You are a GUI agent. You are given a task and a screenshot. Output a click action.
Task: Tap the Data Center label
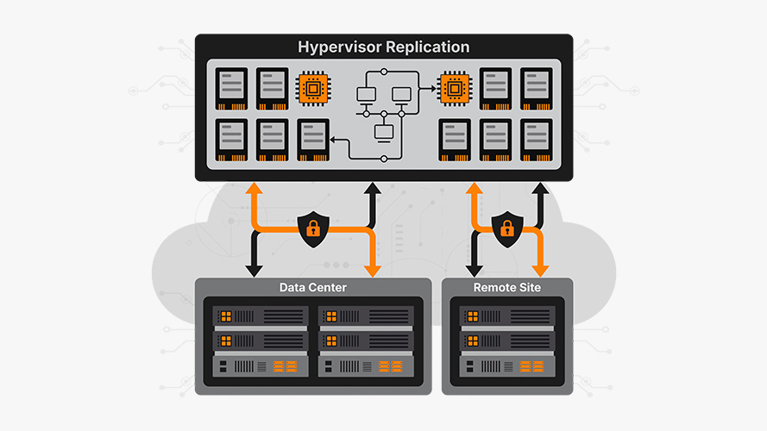pos(312,287)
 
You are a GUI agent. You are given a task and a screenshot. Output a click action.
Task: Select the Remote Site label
pos(507,287)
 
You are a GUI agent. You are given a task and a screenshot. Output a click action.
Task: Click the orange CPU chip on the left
pos(313,89)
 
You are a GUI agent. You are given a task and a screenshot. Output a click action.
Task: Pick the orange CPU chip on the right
pos(455,89)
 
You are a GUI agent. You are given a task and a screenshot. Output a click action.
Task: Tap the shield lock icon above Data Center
pos(311,228)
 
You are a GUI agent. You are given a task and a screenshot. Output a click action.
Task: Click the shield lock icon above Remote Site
pos(507,228)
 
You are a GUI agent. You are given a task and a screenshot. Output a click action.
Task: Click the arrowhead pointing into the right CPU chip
pos(431,88)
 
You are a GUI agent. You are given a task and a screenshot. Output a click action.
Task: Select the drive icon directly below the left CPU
pos(313,140)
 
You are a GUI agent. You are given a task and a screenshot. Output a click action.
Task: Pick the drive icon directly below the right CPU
pos(455,140)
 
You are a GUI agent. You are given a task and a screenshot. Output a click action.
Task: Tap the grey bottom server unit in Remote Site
pos(507,366)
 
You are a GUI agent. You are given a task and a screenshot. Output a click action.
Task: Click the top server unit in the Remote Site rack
pos(507,317)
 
